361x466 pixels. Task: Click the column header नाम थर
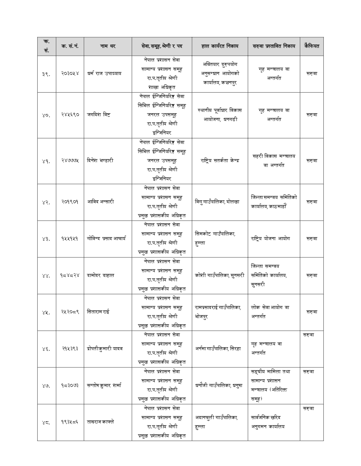tap(108, 46)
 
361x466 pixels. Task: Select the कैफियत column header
tap(311, 46)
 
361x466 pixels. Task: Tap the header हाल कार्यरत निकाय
tap(220, 46)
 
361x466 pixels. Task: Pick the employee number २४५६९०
tap(70, 114)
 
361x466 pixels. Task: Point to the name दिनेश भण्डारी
tap(100, 160)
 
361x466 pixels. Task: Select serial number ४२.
tap(46, 202)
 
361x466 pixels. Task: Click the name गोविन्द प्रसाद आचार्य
tap(106, 238)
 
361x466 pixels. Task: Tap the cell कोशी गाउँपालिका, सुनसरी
tap(220, 275)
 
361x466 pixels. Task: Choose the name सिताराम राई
tap(98, 312)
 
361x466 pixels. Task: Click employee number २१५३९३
tap(70, 348)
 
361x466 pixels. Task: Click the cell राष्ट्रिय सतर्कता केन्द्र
tap(220, 160)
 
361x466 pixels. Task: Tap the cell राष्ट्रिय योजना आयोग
tap(270, 238)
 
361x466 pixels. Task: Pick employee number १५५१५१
tap(70, 238)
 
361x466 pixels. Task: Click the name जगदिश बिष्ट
tap(99, 114)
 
